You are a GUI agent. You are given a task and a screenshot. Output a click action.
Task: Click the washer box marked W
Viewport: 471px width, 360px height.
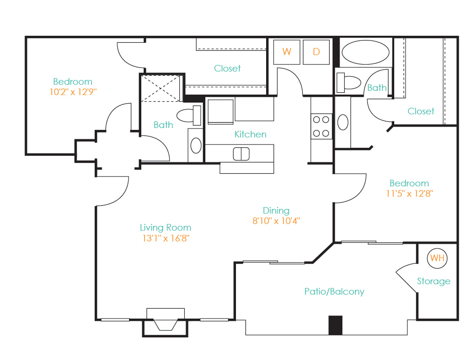pyautogui.click(x=286, y=52)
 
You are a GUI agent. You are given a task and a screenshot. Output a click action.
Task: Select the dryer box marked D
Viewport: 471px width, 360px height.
pyautogui.click(x=316, y=52)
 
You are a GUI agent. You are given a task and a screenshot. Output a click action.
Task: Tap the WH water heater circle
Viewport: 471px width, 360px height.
pyautogui.click(x=437, y=258)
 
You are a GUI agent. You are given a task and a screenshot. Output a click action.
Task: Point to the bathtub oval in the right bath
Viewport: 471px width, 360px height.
pyautogui.click(x=365, y=53)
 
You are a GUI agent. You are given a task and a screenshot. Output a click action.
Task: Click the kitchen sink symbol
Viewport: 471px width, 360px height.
pyautogui.click(x=241, y=154)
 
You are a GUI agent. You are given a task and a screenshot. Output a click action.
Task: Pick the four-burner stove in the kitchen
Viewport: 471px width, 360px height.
pyautogui.click(x=321, y=126)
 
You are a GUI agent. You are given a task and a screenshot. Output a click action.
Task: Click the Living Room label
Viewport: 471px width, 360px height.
pyautogui.click(x=165, y=228)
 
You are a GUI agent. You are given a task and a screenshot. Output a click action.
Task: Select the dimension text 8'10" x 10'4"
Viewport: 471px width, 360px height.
pyautogui.click(x=276, y=221)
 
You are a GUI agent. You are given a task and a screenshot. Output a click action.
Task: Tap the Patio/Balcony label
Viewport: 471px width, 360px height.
pyautogui.click(x=334, y=291)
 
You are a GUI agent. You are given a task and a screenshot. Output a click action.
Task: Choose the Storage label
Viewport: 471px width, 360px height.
pyautogui.click(x=433, y=281)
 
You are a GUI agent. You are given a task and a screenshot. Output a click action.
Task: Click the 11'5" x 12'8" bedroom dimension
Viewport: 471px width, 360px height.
pyautogui.click(x=409, y=193)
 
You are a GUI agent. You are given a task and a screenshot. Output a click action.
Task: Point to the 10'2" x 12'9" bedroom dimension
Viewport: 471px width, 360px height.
pyautogui.click(x=73, y=92)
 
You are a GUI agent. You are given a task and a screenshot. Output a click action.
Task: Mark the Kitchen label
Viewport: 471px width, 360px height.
pyautogui.click(x=250, y=134)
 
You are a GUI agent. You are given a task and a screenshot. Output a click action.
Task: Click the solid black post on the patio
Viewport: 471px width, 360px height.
pyautogui.click(x=335, y=325)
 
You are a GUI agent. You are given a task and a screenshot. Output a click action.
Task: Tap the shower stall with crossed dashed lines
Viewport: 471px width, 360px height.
pyautogui.click(x=161, y=88)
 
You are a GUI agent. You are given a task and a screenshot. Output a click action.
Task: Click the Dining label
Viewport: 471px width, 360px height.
pyautogui.click(x=276, y=211)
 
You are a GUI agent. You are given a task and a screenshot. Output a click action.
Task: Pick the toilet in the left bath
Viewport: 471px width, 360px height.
pyautogui.click(x=189, y=115)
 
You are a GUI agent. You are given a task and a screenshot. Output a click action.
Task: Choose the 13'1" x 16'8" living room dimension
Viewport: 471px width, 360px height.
pyautogui.click(x=166, y=238)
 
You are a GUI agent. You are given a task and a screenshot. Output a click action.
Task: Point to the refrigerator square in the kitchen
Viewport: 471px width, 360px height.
pyautogui.click(x=221, y=112)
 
